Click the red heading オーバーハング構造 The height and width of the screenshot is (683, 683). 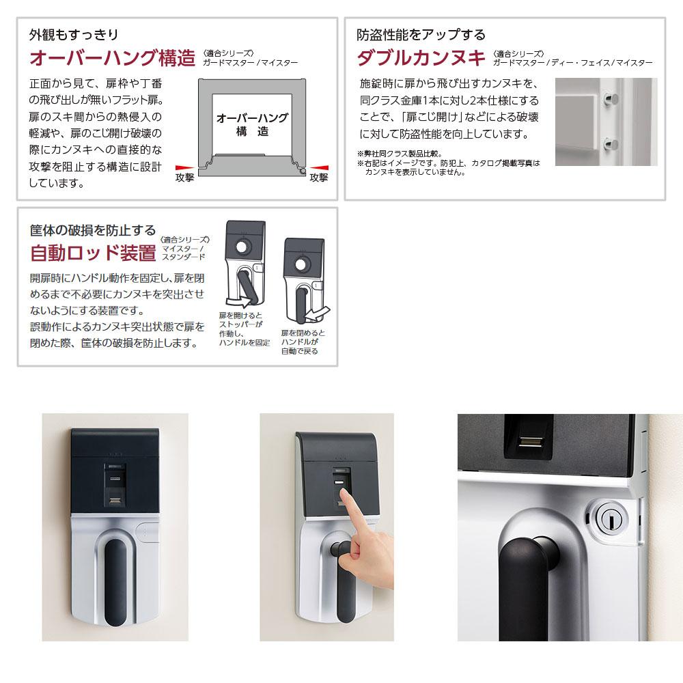pos(112,58)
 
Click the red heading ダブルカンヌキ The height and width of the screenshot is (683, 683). pos(421,58)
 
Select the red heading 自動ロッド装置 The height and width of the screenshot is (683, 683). pos(93,253)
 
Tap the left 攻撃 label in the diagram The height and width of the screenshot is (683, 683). pos(184,178)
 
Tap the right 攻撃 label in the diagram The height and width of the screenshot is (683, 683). pos(318,178)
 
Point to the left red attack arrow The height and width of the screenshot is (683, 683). pos(184,168)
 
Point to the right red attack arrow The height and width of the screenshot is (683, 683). pos(319,168)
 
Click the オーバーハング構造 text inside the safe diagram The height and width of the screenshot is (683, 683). pos(252,124)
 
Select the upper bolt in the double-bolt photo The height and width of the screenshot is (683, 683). pos(611,100)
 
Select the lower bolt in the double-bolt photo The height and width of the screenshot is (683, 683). pos(611,143)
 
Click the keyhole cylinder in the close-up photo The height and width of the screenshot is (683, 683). pos(608,518)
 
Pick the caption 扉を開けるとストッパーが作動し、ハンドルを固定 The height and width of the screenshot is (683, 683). pos(245,329)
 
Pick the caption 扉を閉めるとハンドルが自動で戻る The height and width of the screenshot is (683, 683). pos(303,342)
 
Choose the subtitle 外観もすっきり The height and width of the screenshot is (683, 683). pos(74,34)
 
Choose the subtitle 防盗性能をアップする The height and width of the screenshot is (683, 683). pos(421,34)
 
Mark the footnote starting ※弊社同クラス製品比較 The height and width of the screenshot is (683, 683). pos(400,154)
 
